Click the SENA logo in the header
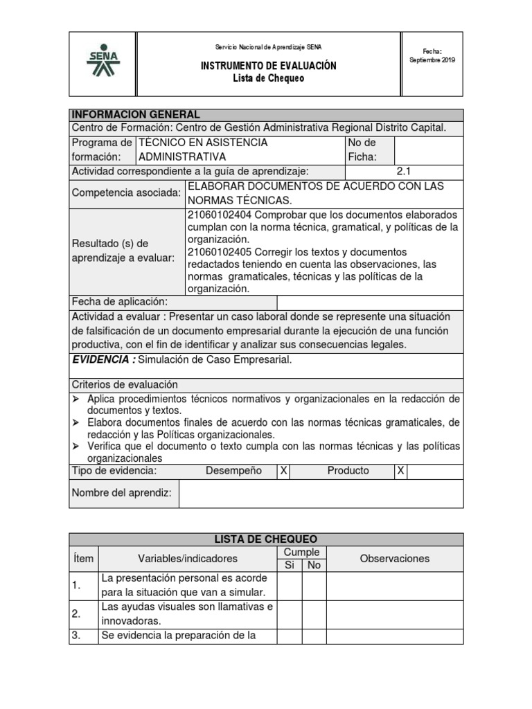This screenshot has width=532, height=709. [103, 63]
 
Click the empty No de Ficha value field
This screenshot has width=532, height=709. [428, 150]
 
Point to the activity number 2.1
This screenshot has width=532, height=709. [404, 171]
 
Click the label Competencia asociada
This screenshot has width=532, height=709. [126, 193]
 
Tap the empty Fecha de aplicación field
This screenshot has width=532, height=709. [370, 302]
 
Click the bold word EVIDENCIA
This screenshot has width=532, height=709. [103, 359]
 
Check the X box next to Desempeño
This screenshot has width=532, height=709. [283, 471]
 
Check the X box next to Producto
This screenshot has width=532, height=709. [400, 471]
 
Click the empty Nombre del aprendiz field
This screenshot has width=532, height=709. [321, 493]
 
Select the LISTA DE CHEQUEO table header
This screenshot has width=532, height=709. [266, 539]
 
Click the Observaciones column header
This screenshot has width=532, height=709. [395, 559]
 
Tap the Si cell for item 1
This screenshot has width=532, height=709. [290, 586]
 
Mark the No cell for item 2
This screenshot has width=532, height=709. [314, 614]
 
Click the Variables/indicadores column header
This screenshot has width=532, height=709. [188, 559]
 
